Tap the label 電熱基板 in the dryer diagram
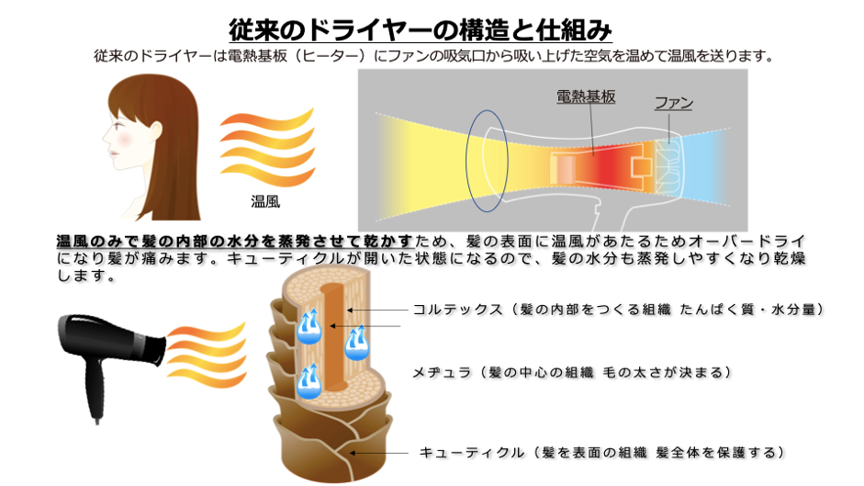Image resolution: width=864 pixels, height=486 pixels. [585, 96]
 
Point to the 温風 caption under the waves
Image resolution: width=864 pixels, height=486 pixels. [265, 200]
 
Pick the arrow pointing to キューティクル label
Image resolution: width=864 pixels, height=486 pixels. [380, 453]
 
